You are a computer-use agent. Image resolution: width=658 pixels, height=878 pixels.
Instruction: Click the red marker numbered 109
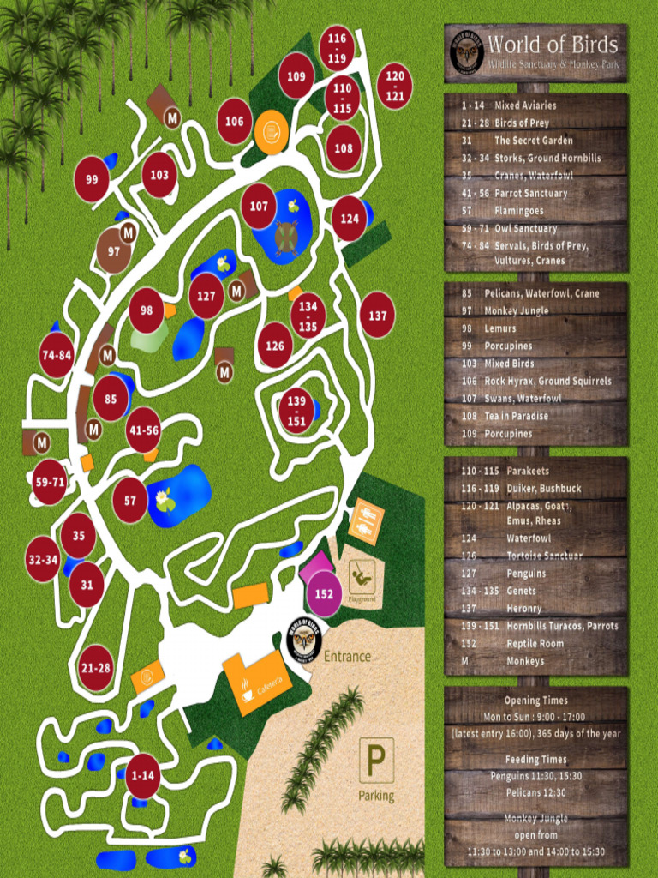[x=296, y=75]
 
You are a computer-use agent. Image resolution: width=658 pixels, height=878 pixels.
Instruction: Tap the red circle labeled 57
[x=130, y=501]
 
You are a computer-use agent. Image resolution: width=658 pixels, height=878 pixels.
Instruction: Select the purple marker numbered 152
[x=324, y=593]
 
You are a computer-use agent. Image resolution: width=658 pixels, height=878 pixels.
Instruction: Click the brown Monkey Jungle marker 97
[x=113, y=250]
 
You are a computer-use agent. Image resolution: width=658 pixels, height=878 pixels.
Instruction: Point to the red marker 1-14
[x=143, y=776]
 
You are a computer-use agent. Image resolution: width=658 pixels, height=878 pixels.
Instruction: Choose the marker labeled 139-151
[x=296, y=411]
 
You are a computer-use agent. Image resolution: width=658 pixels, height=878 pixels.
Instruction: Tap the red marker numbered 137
[x=377, y=315]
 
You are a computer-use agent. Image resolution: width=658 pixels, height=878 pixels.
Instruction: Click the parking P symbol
[x=376, y=760]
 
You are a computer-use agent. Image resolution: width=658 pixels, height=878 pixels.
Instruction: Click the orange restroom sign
[x=367, y=520]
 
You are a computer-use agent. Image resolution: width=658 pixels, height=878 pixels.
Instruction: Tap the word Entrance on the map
[x=348, y=657]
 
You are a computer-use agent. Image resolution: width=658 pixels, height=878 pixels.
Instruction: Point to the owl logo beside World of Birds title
[x=467, y=53]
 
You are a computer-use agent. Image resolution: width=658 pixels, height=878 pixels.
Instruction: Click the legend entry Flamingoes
[x=518, y=211]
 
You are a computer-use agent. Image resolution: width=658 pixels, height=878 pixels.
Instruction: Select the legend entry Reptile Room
[x=535, y=643]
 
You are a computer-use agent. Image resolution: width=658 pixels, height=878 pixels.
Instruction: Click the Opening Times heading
[x=535, y=701]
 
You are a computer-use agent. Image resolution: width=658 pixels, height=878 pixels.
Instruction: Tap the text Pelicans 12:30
[x=535, y=792]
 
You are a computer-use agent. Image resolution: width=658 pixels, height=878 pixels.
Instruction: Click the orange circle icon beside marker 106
[x=271, y=132]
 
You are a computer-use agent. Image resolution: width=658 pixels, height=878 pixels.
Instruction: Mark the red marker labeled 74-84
[x=57, y=355]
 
